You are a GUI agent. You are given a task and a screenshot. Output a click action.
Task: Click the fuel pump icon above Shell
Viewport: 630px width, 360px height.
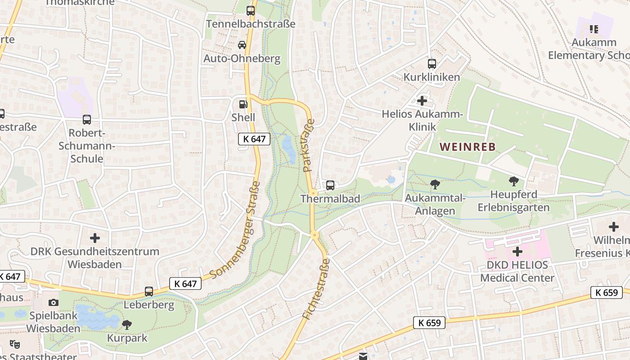(243, 104)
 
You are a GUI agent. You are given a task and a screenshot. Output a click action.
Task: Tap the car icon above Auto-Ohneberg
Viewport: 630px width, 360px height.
(242, 45)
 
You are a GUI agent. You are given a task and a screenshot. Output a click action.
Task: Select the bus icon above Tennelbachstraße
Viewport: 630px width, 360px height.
(251, 11)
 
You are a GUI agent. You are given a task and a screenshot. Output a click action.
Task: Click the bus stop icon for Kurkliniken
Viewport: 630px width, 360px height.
(432, 64)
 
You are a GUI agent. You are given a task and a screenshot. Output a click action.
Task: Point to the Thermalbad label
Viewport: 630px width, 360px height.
(330, 198)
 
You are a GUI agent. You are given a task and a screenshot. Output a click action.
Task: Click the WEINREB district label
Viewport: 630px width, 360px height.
(468, 147)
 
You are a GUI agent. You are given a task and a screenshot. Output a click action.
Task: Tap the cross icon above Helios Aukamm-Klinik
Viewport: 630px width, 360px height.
(422, 101)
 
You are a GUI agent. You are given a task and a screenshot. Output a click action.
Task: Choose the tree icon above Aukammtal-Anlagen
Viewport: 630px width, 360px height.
(435, 184)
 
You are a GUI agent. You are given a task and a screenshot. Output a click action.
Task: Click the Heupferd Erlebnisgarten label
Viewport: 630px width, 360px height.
(513, 201)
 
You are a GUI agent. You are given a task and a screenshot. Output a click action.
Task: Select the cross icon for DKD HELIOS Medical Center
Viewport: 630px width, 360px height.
(517, 251)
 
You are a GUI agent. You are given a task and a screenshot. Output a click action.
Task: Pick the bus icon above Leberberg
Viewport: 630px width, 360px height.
(149, 292)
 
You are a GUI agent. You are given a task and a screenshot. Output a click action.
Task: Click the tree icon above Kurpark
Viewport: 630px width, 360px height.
(127, 324)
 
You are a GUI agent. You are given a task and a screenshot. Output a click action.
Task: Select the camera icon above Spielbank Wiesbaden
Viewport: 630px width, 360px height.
(54, 302)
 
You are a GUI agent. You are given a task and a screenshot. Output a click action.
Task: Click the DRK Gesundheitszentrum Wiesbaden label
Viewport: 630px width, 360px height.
(94, 257)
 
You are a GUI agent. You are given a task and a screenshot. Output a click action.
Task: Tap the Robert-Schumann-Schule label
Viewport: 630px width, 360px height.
(87, 146)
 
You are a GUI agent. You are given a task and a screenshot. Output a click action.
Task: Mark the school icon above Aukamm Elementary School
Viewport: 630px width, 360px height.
(594, 29)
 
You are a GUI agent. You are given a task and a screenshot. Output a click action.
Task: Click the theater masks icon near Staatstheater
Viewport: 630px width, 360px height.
(15, 344)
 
